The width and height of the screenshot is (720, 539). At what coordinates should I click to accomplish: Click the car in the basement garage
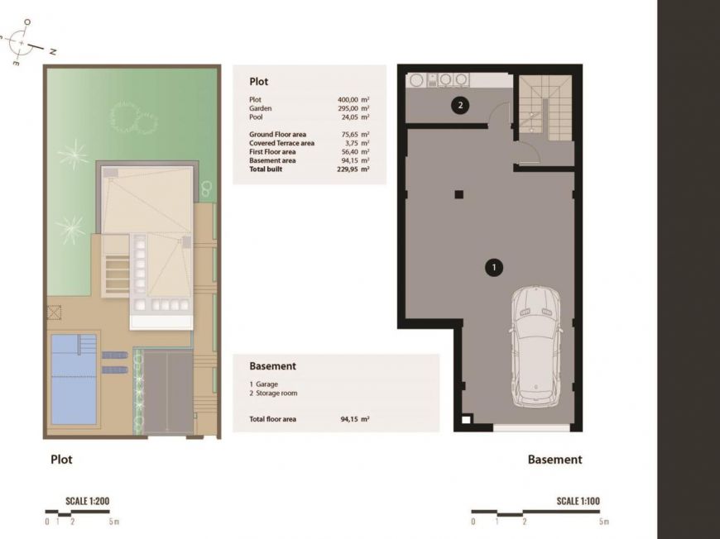pos(535,346)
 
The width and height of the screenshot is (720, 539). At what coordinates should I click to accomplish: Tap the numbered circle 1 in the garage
pos(493,268)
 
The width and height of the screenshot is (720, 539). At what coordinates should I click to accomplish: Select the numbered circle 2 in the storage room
pos(460,106)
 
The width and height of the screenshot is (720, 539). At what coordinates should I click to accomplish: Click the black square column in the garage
pos(458,194)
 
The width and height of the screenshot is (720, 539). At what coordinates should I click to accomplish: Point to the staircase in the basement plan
pos(545,107)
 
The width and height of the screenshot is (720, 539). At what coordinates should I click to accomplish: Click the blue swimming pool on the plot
pos(74,379)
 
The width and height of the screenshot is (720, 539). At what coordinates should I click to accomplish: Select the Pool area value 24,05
pos(348,117)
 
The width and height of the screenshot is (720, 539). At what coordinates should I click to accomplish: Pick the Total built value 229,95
pos(348,169)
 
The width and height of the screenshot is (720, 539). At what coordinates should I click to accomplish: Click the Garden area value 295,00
pos(348,108)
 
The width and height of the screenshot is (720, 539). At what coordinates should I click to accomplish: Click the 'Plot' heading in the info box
pos(258,82)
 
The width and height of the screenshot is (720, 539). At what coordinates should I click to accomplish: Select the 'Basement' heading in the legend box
pos(273,366)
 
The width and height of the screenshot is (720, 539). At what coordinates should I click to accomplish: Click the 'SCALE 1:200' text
pos(87,501)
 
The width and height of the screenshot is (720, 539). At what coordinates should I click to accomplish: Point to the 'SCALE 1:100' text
pos(578,501)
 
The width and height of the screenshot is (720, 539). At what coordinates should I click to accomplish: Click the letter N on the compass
pos(53,52)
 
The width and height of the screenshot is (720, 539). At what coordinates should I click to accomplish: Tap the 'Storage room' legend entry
pos(276,394)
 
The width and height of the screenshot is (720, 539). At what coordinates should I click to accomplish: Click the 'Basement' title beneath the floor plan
pos(554,460)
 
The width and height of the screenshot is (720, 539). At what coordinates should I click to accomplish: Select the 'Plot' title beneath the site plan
pos(61,460)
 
